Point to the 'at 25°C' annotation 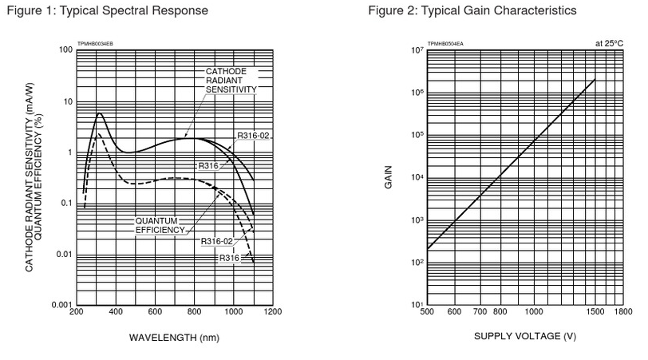coord(609,42)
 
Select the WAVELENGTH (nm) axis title coord(173,336)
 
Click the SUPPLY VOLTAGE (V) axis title coord(525,336)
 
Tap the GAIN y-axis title coord(389,176)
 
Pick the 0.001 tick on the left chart coord(61,306)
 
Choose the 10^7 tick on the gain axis coord(416,50)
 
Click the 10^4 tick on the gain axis coord(416,178)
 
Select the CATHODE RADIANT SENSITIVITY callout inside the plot coord(231,81)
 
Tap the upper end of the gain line coord(595,80)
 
